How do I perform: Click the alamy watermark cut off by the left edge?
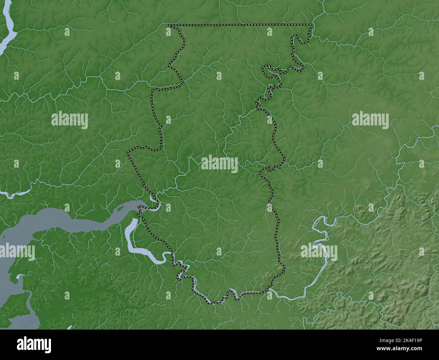[x=17, y=252]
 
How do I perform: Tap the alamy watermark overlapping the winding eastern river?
[x=319, y=251]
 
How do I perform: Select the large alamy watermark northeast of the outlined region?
[x=370, y=120]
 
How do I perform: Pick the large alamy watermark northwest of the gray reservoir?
[x=70, y=120]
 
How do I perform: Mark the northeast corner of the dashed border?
[x=311, y=25]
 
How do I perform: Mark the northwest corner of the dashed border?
[x=169, y=25]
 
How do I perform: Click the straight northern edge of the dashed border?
[x=240, y=25]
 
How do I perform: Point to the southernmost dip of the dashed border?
[x=213, y=303]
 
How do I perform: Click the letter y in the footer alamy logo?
[x=48, y=346]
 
